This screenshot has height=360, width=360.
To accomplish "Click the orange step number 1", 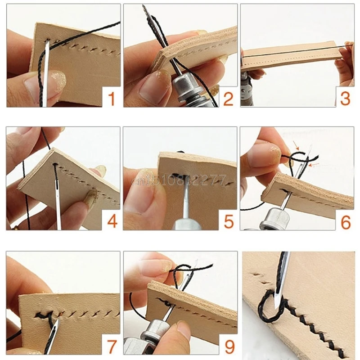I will [111, 98].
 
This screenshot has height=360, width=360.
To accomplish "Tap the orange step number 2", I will [228, 98].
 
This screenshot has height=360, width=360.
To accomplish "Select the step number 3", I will [345, 98].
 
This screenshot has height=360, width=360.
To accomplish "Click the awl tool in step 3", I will [246, 90].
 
